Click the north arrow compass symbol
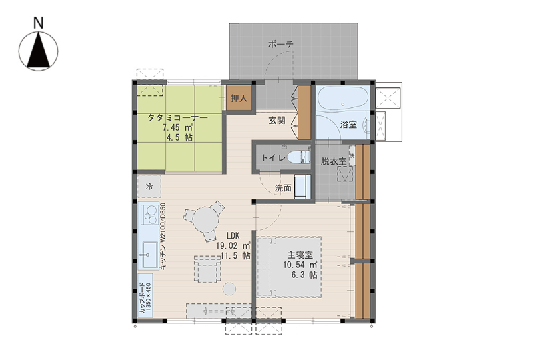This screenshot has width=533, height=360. (x=39, y=51)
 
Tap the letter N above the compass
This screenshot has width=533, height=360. (x=39, y=23)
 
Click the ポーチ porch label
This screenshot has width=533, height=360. (x=280, y=44)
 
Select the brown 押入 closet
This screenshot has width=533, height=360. (x=239, y=98)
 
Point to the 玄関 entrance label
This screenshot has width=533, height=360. (x=277, y=121)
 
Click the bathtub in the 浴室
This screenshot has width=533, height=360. (x=342, y=99)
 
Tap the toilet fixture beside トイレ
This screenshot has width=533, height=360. (x=298, y=157)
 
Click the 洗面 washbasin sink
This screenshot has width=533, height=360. (x=302, y=187)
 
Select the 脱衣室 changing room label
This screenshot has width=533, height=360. (x=334, y=161)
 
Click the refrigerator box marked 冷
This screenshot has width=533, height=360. (x=149, y=186)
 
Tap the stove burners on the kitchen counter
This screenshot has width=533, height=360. (x=149, y=215)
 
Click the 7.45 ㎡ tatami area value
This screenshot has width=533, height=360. (x=178, y=128)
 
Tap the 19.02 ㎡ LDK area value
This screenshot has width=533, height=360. (x=233, y=245)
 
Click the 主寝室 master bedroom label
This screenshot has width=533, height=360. (x=300, y=255)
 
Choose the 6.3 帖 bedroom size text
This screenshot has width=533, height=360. (x=304, y=275)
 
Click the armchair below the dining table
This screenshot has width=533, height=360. (x=207, y=269)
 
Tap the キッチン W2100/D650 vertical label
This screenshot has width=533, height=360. (x=163, y=237)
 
